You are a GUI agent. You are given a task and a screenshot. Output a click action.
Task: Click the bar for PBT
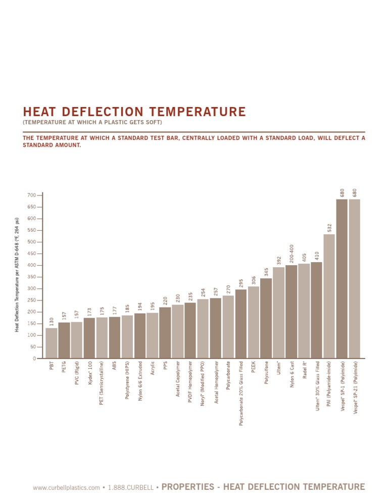(52, 343)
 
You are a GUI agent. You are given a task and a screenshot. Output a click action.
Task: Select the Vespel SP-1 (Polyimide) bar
(342, 278)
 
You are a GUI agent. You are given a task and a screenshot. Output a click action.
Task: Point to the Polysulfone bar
(266, 318)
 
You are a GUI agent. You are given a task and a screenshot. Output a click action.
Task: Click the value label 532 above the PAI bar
(329, 228)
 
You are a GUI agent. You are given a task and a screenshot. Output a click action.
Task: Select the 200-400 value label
(292, 254)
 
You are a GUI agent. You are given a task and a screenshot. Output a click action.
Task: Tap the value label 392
(279, 261)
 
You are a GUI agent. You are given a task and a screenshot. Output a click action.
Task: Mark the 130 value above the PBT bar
(52, 322)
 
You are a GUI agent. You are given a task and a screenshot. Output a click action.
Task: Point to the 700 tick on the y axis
(31, 195)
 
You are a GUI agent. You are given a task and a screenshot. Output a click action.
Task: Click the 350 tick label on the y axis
(31, 277)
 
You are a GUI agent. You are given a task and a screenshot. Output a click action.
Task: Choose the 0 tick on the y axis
(34, 359)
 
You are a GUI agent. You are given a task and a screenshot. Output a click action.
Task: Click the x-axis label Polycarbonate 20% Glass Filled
(241, 393)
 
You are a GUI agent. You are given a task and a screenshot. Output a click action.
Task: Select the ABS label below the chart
(115, 366)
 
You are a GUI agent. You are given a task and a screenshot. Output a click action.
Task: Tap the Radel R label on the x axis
(305, 370)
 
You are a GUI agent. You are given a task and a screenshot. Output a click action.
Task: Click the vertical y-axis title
(17, 274)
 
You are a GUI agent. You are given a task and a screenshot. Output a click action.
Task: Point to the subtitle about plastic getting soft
(92, 123)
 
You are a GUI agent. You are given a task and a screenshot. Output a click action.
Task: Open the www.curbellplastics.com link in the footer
(66, 488)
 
